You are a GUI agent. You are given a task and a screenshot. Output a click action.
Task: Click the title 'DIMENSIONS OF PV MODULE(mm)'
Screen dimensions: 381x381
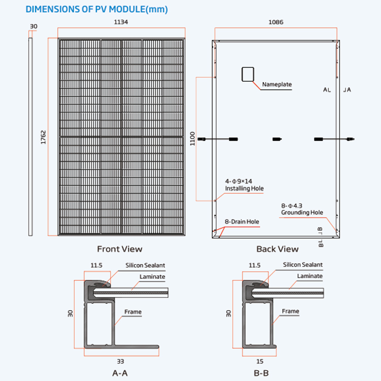click(97, 9)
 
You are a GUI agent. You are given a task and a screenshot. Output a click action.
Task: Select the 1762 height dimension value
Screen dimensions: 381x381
click(44, 137)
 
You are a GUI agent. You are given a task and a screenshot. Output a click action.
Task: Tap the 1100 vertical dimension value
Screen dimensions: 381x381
click(193, 138)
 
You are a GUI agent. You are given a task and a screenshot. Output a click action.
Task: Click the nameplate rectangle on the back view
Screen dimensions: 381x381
click(247, 74)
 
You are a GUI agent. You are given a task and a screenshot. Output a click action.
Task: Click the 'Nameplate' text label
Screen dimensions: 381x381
click(277, 84)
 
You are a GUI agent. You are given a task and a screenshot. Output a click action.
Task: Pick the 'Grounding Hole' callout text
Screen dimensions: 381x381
click(302, 212)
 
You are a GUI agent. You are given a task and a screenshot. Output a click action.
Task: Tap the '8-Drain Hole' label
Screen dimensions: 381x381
click(242, 222)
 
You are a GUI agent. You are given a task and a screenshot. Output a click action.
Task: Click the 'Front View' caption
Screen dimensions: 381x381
click(119, 249)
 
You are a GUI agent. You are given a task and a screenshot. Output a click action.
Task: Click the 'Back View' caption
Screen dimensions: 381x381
click(277, 249)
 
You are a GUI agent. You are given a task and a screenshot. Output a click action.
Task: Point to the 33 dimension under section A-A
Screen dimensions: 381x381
click(121, 361)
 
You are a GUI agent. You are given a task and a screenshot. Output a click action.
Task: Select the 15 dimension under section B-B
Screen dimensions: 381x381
click(260, 361)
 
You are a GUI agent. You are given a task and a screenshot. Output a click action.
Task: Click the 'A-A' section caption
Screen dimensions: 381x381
click(121, 373)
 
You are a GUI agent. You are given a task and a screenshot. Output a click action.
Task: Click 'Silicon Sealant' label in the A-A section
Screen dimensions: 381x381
click(145, 265)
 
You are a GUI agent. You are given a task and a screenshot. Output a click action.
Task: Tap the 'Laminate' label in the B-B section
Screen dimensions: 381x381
click(310, 276)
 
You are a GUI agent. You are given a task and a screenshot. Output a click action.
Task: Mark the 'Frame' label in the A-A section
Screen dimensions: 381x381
click(133, 312)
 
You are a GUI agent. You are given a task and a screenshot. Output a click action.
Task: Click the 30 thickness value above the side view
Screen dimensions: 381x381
click(34, 26)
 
